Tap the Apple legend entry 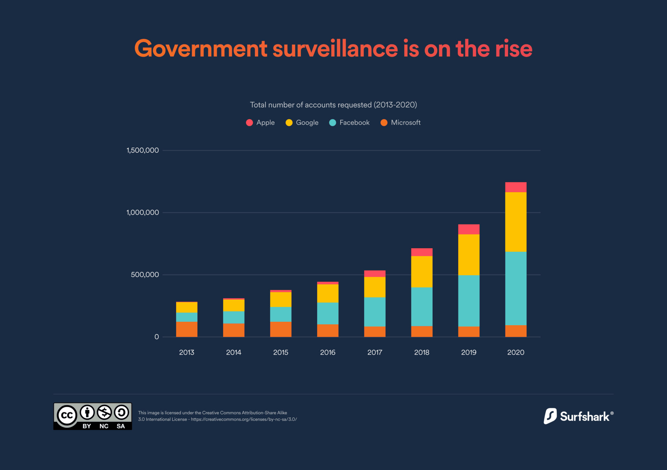(x=261, y=123)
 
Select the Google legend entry (x=302, y=123)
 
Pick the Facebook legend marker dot (x=333, y=123)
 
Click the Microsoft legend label (x=405, y=123)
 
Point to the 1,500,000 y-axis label (x=143, y=150)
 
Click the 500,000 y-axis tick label (x=145, y=275)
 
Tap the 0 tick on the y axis (x=157, y=337)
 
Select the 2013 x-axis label (x=187, y=352)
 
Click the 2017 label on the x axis (x=375, y=352)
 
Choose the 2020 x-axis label (x=516, y=352)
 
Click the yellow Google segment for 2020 (x=516, y=222)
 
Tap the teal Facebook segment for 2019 (x=469, y=301)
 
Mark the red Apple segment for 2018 (x=422, y=252)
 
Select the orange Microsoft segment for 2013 (x=187, y=329)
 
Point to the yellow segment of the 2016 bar (x=328, y=293)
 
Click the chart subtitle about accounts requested (x=333, y=105)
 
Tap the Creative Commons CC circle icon (x=67, y=415)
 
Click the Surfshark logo (x=578, y=416)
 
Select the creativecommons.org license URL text (x=244, y=419)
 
